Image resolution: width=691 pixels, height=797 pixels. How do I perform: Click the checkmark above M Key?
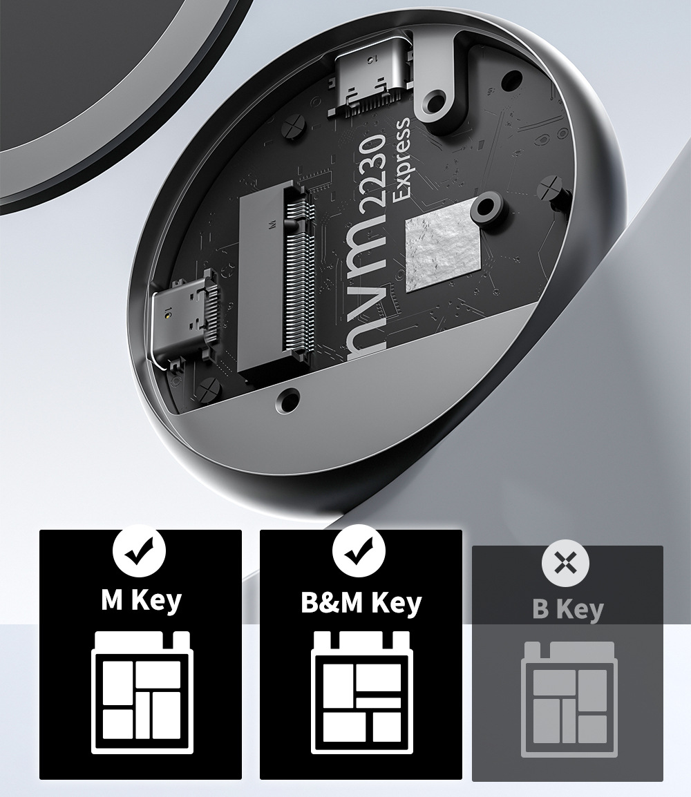tap(140, 552)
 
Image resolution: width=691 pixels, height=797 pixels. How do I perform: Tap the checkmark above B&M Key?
tap(359, 551)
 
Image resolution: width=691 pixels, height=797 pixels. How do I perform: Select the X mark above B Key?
tap(566, 563)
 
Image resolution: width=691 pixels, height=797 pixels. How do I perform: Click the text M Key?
tap(141, 601)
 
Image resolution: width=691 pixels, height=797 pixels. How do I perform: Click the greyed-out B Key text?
tap(567, 609)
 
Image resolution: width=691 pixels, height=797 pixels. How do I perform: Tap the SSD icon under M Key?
tap(142, 693)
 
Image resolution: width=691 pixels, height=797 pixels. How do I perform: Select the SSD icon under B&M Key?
tap(362, 693)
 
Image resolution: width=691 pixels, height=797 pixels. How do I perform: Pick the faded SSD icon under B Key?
tap(569, 699)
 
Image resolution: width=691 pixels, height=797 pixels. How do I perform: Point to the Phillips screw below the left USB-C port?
tap(209, 392)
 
